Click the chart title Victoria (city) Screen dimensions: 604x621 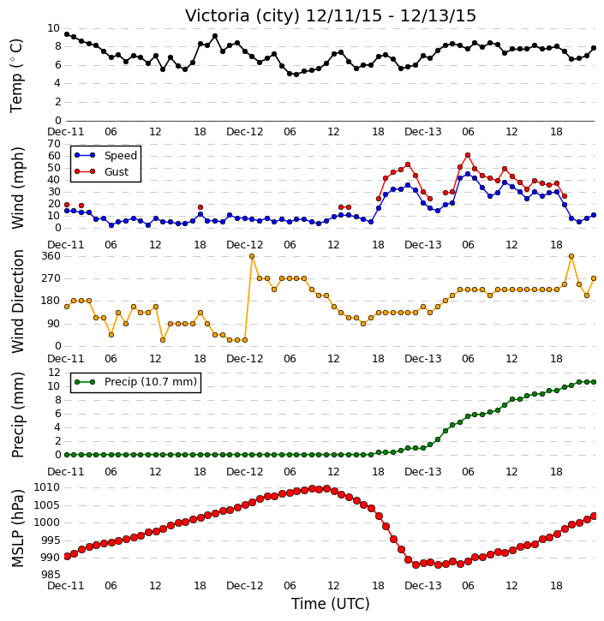click(242, 16)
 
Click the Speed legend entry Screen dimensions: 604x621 click(105, 156)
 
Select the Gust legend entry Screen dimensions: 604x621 click(102, 172)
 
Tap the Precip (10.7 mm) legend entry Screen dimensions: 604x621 click(135, 382)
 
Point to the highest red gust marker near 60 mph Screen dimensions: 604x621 click(468, 155)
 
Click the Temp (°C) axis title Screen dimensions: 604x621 click(16, 75)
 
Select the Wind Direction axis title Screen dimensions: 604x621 click(18, 302)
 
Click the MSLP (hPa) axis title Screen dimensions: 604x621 click(18, 528)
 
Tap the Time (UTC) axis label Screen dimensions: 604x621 click(331, 604)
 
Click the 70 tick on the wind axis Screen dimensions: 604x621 click(54, 144)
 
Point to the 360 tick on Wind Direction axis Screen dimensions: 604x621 click(51, 256)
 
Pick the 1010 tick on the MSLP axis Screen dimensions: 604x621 click(47, 487)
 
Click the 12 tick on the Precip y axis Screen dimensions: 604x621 click(54, 373)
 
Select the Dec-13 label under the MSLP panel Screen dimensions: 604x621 click(423, 585)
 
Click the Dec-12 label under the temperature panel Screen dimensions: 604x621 click(245, 132)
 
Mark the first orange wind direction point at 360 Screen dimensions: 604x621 click(252, 256)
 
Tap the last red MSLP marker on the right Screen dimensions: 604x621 click(594, 516)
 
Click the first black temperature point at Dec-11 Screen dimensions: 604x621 click(67, 34)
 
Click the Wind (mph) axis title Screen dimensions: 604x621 click(18, 188)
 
